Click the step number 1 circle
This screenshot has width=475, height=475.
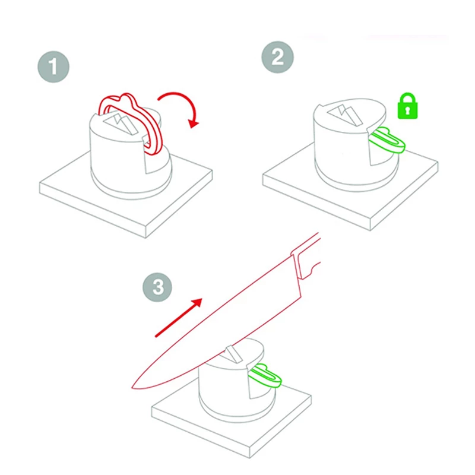[x=54, y=66]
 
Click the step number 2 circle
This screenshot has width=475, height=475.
[x=277, y=57]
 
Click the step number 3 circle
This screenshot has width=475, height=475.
[x=157, y=288]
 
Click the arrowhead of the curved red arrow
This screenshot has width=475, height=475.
[x=192, y=122]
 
